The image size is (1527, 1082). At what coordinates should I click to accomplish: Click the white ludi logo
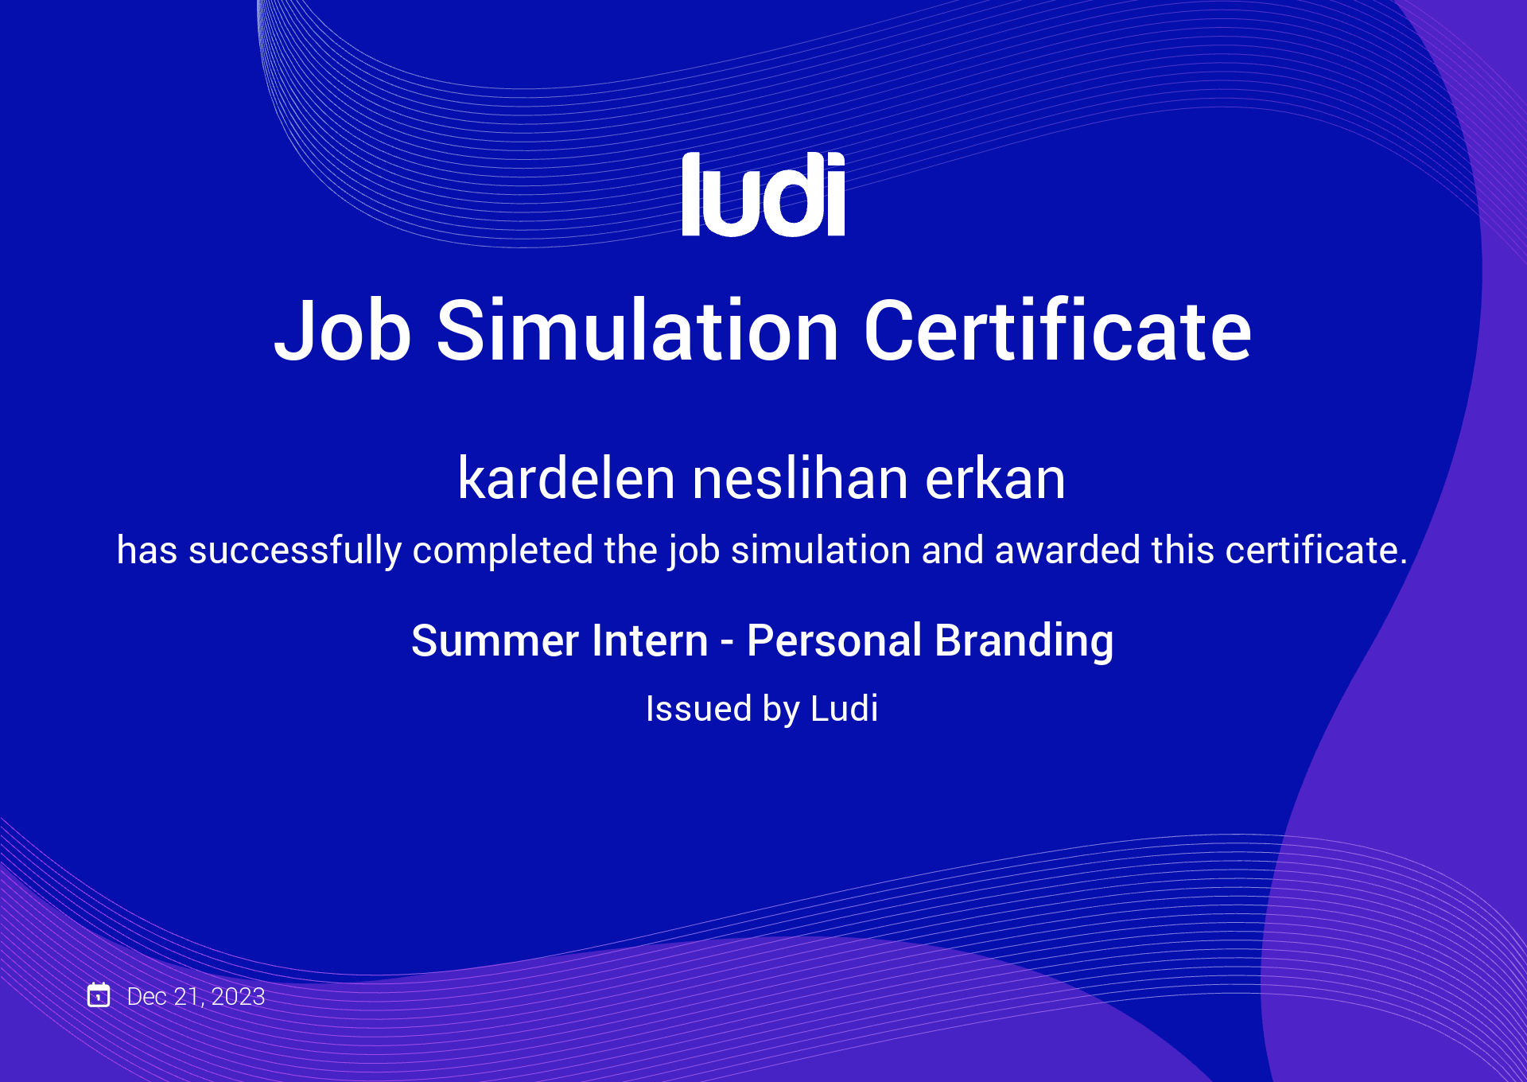tap(763, 194)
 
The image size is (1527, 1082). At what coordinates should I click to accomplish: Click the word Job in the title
tap(343, 330)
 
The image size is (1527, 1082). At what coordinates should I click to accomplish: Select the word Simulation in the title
tap(638, 329)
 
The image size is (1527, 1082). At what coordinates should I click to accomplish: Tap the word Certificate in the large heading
tap(1058, 329)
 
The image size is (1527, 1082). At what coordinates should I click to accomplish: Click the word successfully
tap(295, 551)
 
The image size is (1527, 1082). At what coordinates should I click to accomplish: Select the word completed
tap(503, 551)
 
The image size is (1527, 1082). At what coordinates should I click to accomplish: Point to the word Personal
tap(834, 641)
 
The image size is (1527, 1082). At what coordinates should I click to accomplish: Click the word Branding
tap(1024, 641)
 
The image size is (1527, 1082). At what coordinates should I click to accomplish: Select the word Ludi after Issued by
tap(845, 708)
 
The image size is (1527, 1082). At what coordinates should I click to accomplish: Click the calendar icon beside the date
tap(99, 994)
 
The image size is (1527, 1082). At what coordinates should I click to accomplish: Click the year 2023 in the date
tap(238, 996)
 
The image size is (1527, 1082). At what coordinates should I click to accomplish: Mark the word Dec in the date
tap(147, 996)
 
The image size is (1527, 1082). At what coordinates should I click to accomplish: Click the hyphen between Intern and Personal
tap(727, 643)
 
